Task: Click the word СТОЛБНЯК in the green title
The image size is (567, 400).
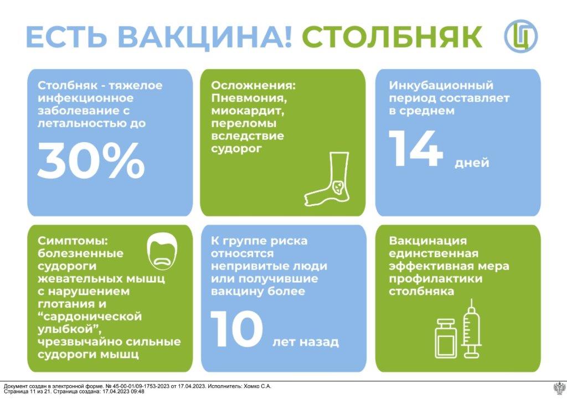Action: (x=391, y=36)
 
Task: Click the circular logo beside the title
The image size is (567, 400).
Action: (x=521, y=36)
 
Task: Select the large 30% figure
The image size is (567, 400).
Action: (x=91, y=161)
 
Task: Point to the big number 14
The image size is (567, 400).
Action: (x=416, y=148)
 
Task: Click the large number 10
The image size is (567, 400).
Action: (x=237, y=329)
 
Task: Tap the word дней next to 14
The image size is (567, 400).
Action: (x=472, y=163)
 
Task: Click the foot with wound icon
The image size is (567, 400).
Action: (x=327, y=179)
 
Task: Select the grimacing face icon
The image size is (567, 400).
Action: (x=162, y=251)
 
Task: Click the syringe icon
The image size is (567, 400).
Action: (x=471, y=328)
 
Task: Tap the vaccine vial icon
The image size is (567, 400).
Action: (x=447, y=338)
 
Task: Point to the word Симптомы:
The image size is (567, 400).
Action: (x=73, y=241)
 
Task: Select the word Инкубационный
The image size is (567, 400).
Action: (x=441, y=86)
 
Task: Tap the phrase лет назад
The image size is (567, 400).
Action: (x=306, y=342)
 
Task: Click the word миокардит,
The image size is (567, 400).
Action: (x=248, y=111)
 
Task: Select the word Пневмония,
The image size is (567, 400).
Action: (x=249, y=98)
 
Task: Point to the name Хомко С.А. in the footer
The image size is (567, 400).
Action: (x=258, y=386)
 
